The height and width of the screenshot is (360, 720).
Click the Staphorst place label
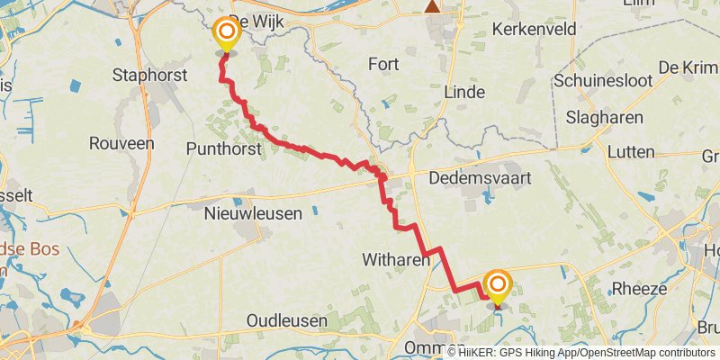pos(148,74)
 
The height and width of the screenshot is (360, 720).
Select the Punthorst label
pos(222,147)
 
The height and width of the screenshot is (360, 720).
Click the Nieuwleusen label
pos(248,213)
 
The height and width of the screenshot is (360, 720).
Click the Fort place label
pos(383,64)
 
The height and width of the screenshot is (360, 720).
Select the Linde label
pos(464,92)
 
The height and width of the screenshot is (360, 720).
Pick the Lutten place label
pos(631,152)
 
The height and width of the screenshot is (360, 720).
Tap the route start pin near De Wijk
pos(225,35)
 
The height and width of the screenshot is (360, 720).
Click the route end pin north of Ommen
pos(497,286)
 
